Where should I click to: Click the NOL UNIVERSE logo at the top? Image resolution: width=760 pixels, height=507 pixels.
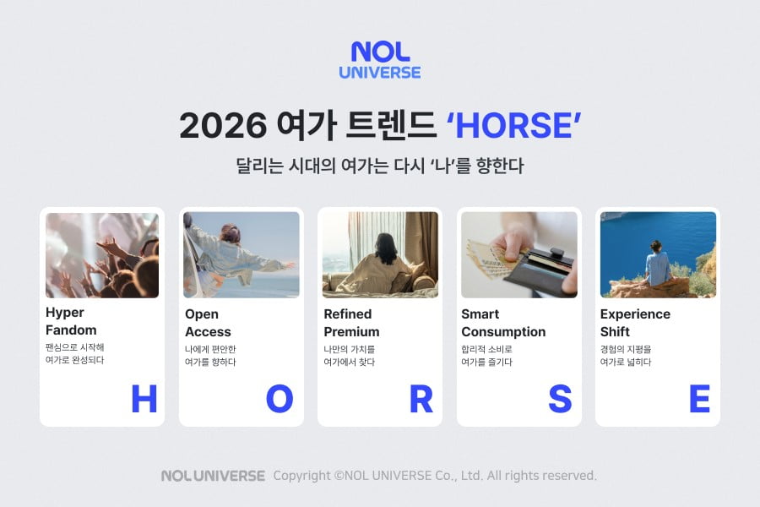[x=379, y=61]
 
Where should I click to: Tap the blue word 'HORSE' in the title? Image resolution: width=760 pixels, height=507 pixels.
[x=513, y=126]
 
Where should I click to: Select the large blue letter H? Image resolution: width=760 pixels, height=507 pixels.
[x=144, y=399]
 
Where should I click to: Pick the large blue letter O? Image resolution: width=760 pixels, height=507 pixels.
[x=280, y=399]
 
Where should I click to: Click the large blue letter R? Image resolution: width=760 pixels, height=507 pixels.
[x=421, y=399]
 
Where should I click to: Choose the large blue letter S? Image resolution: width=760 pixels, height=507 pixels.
[x=560, y=399]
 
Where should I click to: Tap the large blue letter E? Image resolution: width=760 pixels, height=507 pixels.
[x=699, y=399]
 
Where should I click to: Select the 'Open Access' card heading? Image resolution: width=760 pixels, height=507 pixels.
[x=208, y=323]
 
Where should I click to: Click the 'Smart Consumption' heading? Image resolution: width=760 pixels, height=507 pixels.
[x=503, y=323]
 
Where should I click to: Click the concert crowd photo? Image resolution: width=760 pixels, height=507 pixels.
[x=102, y=254]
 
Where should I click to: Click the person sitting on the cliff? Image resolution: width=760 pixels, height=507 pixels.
[x=658, y=264]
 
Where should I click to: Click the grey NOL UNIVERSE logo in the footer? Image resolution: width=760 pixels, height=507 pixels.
[x=213, y=476]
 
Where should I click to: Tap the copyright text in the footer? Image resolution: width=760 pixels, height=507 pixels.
[x=435, y=476]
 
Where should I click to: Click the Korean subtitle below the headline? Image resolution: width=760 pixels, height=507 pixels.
[x=379, y=166]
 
